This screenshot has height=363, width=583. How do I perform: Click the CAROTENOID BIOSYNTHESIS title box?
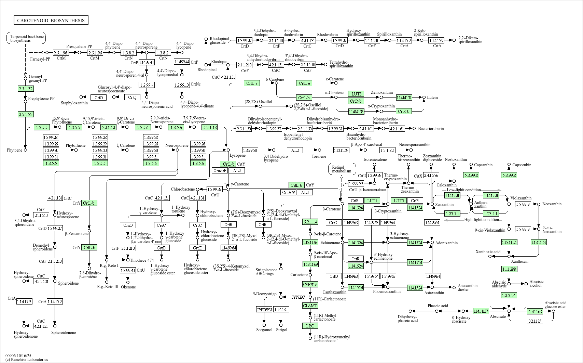(51, 21)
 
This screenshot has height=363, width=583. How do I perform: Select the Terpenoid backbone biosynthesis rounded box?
(26, 38)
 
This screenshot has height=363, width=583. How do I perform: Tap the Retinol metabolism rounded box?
(342, 169)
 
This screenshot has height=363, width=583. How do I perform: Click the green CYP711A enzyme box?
(310, 285)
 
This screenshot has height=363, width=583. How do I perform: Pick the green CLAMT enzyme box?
(310, 306)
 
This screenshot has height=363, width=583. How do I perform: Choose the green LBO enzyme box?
(310, 326)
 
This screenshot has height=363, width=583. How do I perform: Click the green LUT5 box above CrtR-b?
(356, 94)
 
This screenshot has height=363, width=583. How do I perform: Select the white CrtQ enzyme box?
(132, 98)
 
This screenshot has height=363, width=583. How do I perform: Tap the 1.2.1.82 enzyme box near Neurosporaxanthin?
(387, 150)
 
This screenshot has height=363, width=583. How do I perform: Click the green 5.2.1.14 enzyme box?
(310, 222)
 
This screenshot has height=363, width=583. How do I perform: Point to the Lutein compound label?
(432, 98)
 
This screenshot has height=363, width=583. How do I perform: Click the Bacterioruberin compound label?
(431, 129)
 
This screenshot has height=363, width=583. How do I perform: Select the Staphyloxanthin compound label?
(74, 103)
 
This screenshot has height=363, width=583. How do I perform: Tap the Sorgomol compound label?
(264, 330)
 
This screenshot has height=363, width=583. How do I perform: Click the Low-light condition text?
(463, 190)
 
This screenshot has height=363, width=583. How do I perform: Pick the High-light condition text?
(482, 220)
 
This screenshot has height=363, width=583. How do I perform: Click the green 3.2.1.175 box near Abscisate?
(535, 321)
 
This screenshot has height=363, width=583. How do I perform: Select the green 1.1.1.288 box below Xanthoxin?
(509, 269)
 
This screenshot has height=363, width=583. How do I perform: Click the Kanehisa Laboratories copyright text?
(27, 360)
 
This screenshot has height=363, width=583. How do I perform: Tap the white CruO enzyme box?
(128, 225)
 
